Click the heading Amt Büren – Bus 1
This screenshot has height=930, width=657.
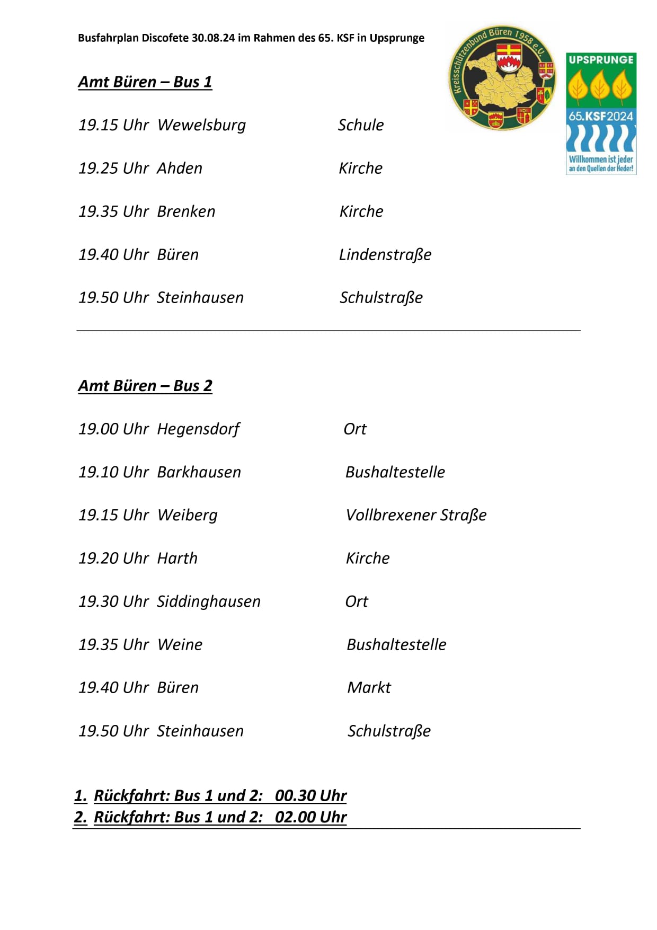point(145,82)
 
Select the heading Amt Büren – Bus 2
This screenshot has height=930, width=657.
point(145,386)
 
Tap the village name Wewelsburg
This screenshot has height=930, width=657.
point(201,126)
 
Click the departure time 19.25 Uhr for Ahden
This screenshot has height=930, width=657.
point(113,169)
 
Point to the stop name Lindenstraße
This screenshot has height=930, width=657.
point(385,255)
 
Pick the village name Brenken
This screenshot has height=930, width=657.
point(186,211)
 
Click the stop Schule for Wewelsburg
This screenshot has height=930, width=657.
point(361,126)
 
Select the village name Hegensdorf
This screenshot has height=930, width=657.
point(198,429)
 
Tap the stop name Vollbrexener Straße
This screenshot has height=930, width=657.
point(416,515)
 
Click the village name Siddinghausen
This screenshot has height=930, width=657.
point(209,601)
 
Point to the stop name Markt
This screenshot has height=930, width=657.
point(369,688)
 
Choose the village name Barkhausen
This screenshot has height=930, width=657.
point(199,472)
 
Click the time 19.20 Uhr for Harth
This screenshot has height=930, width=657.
point(113,559)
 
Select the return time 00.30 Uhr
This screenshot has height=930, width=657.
point(310,796)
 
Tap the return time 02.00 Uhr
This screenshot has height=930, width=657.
point(310,817)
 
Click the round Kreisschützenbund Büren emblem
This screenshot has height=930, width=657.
point(502,77)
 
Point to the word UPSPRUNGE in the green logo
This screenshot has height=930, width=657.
point(601,60)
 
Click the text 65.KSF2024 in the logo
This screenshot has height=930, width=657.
point(601,116)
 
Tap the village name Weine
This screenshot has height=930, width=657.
point(180,645)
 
